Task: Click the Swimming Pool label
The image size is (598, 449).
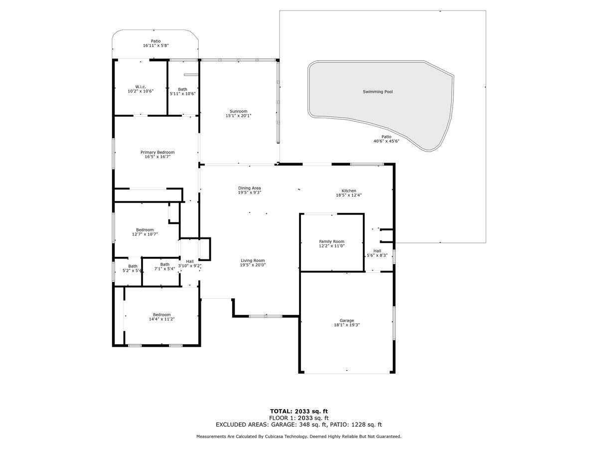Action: pyautogui.click(x=378, y=92)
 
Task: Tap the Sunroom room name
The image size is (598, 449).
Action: pyautogui.click(x=238, y=111)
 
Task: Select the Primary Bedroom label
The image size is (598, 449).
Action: pyautogui.click(x=157, y=152)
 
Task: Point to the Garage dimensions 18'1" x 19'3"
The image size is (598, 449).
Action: pyautogui.click(x=347, y=325)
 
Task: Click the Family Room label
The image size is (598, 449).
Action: pyautogui.click(x=331, y=241)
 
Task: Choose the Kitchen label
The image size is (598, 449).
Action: pyautogui.click(x=349, y=191)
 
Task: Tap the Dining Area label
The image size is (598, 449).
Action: pyautogui.click(x=250, y=188)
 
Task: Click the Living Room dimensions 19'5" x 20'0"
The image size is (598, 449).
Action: pyautogui.click(x=253, y=265)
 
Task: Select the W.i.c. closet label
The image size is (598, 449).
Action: pyautogui.click(x=141, y=87)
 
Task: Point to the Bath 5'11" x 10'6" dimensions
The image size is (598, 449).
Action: pyautogui.click(x=183, y=94)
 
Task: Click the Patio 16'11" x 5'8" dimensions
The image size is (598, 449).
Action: pyautogui.click(x=156, y=45)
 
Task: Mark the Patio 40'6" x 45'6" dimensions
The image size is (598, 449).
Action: pyautogui.click(x=386, y=141)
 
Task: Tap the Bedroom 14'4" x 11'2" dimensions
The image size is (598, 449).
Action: pyautogui.click(x=162, y=319)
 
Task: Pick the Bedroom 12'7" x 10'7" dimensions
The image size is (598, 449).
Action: pyautogui.click(x=145, y=234)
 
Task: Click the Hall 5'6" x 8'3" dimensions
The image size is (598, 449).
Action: pyautogui.click(x=377, y=255)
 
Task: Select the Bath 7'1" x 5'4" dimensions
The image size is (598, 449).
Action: pyautogui.click(x=165, y=269)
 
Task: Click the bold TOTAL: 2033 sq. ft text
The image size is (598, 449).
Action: pyautogui.click(x=299, y=412)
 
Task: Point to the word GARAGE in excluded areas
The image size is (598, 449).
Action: pyautogui.click(x=283, y=425)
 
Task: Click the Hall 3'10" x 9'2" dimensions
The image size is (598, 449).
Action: pyautogui.click(x=190, y=266)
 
